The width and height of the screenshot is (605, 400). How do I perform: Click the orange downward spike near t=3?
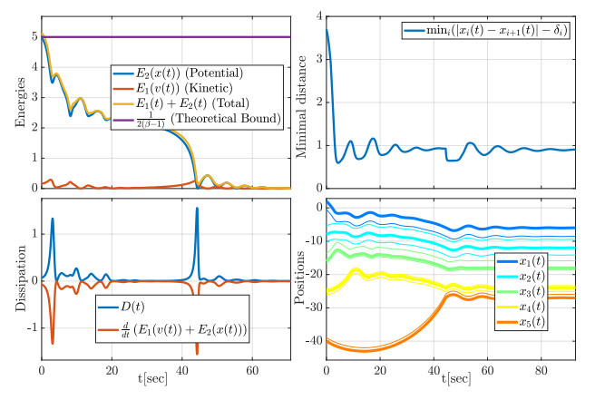click(x=53, y=341)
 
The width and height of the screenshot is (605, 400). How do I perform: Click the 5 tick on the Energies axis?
click(x=31, y=37)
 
